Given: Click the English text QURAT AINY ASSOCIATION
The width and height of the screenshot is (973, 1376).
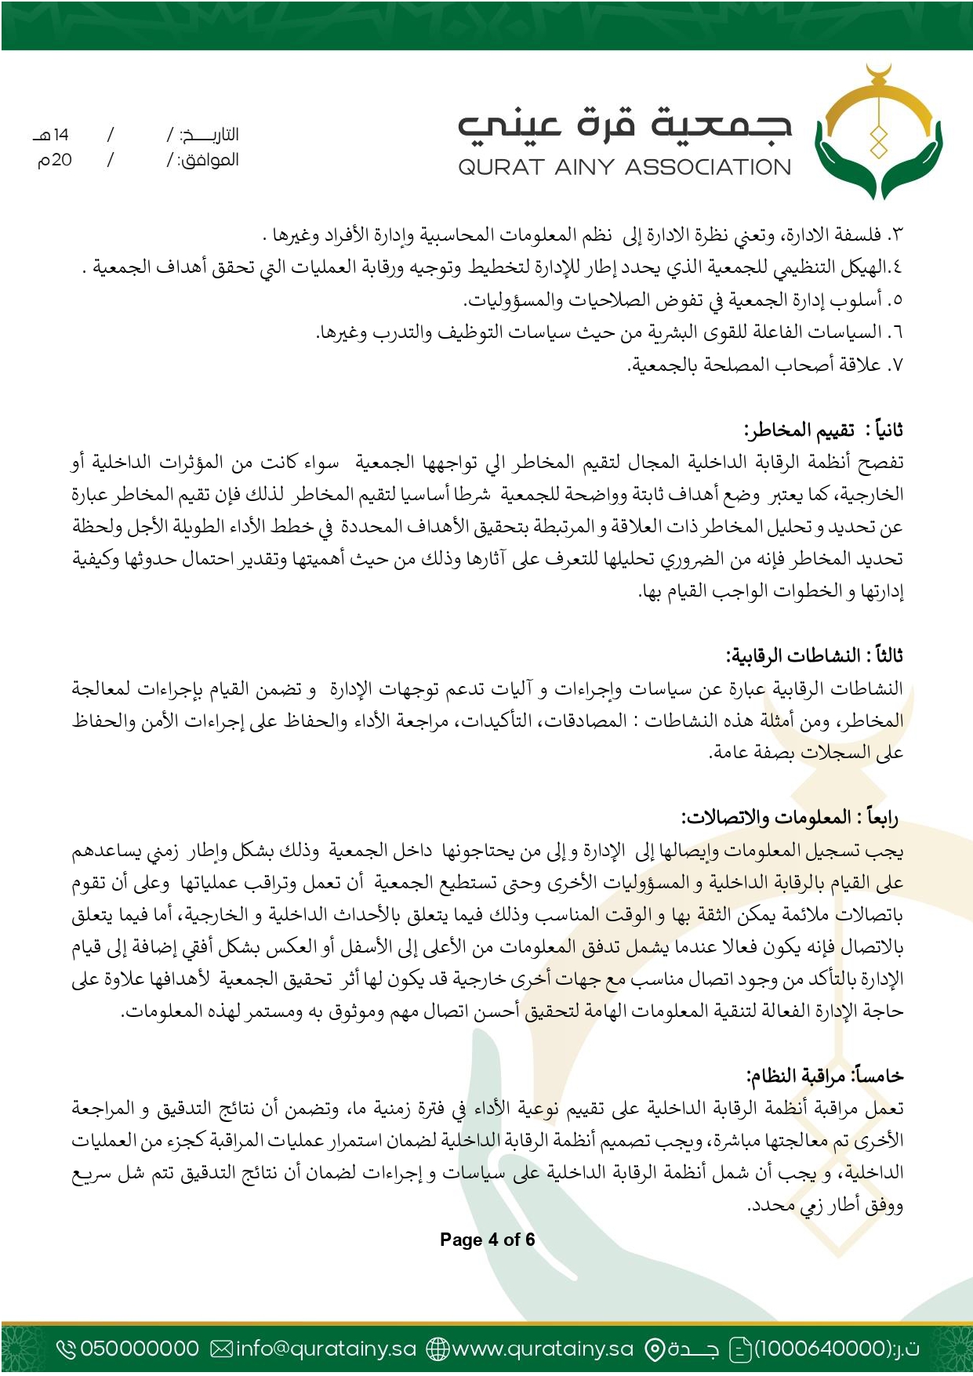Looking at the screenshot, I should (624, 167).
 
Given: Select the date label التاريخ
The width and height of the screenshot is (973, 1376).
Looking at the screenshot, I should (209, 135).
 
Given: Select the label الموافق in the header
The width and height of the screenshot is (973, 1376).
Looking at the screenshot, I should (208, 160).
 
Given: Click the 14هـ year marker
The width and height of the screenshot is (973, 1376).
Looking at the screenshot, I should (52, 135).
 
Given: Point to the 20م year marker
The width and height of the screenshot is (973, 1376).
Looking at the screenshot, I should (55, 160).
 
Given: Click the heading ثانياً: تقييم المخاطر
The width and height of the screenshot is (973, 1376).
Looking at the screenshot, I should (823, 430).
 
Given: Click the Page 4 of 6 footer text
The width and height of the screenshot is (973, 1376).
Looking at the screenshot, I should (487, 1240).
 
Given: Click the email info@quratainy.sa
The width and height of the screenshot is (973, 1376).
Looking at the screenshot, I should (325, 1349).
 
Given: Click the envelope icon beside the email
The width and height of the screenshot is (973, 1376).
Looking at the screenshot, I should (222, 1349).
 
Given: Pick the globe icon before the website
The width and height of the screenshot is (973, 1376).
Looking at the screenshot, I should (437, 1349).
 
